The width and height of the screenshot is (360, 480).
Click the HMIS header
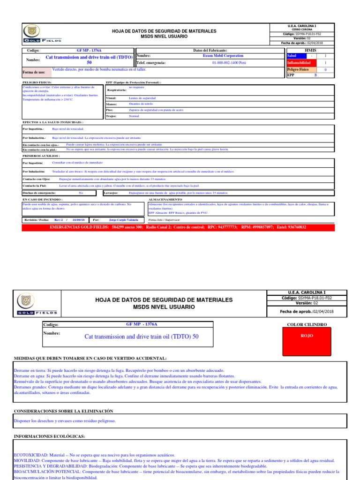coord(310,50)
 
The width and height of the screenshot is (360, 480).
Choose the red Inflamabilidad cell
coord(299,62)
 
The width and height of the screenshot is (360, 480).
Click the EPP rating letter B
coord(315,75)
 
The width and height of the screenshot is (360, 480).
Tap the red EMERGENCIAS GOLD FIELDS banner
coord(178,227)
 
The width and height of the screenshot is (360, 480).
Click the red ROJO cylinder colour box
coord(307,336)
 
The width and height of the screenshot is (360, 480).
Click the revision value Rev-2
coord(58,219)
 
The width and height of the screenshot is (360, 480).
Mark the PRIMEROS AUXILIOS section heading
coord(41,155)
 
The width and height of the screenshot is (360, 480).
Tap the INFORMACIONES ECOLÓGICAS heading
coord(49,436)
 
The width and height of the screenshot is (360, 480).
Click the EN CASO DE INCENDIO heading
coord(43,200)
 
